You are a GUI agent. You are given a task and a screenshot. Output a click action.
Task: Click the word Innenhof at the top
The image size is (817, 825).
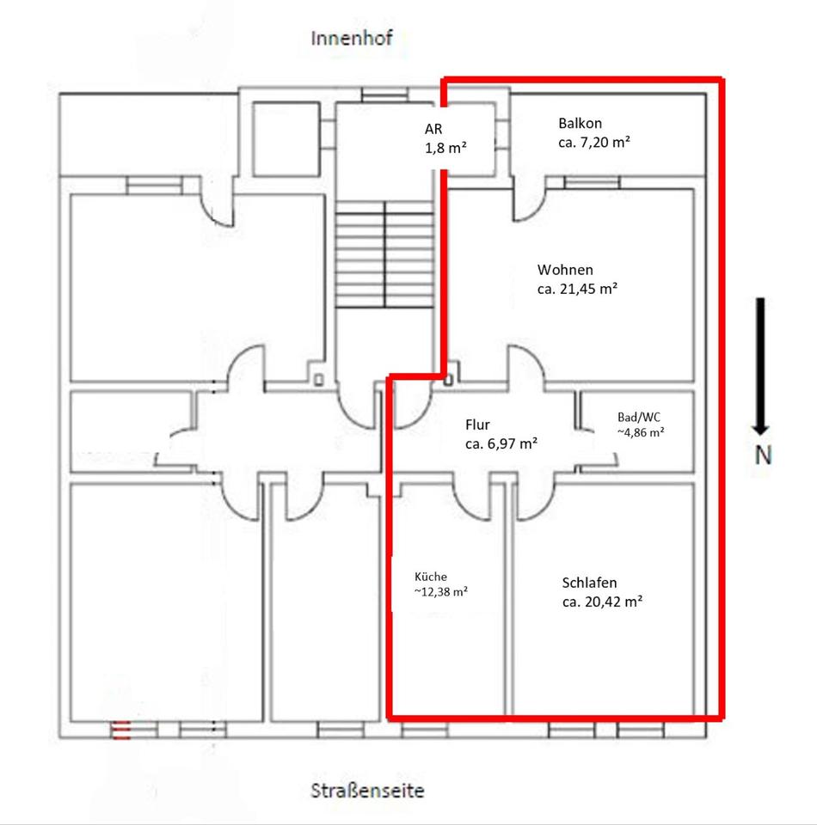351,39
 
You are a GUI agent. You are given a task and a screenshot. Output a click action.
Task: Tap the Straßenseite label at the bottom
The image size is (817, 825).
367,791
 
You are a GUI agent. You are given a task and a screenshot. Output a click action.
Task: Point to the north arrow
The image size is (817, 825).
760,366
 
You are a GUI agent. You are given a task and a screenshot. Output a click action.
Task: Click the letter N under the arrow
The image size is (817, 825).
763,455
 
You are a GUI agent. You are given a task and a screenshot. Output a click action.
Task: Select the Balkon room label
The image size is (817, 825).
580,123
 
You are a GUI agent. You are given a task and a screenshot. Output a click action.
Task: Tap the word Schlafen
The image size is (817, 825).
589,583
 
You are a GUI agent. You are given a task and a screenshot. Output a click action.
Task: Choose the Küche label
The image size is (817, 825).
431,577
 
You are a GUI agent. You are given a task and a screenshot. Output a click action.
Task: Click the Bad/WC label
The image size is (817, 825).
638,418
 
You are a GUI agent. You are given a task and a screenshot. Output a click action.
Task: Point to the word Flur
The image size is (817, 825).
477,425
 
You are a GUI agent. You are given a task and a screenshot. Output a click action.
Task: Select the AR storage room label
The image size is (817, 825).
433,129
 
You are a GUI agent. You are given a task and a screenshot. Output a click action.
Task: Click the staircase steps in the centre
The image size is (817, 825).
384,254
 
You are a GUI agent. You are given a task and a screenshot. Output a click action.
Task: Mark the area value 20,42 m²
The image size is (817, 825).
611,602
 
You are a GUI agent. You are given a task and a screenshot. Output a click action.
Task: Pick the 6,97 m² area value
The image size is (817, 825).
512,444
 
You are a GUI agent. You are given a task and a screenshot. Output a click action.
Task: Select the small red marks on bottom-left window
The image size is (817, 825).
120,730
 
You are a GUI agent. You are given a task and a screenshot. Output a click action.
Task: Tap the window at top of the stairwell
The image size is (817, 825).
384,95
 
